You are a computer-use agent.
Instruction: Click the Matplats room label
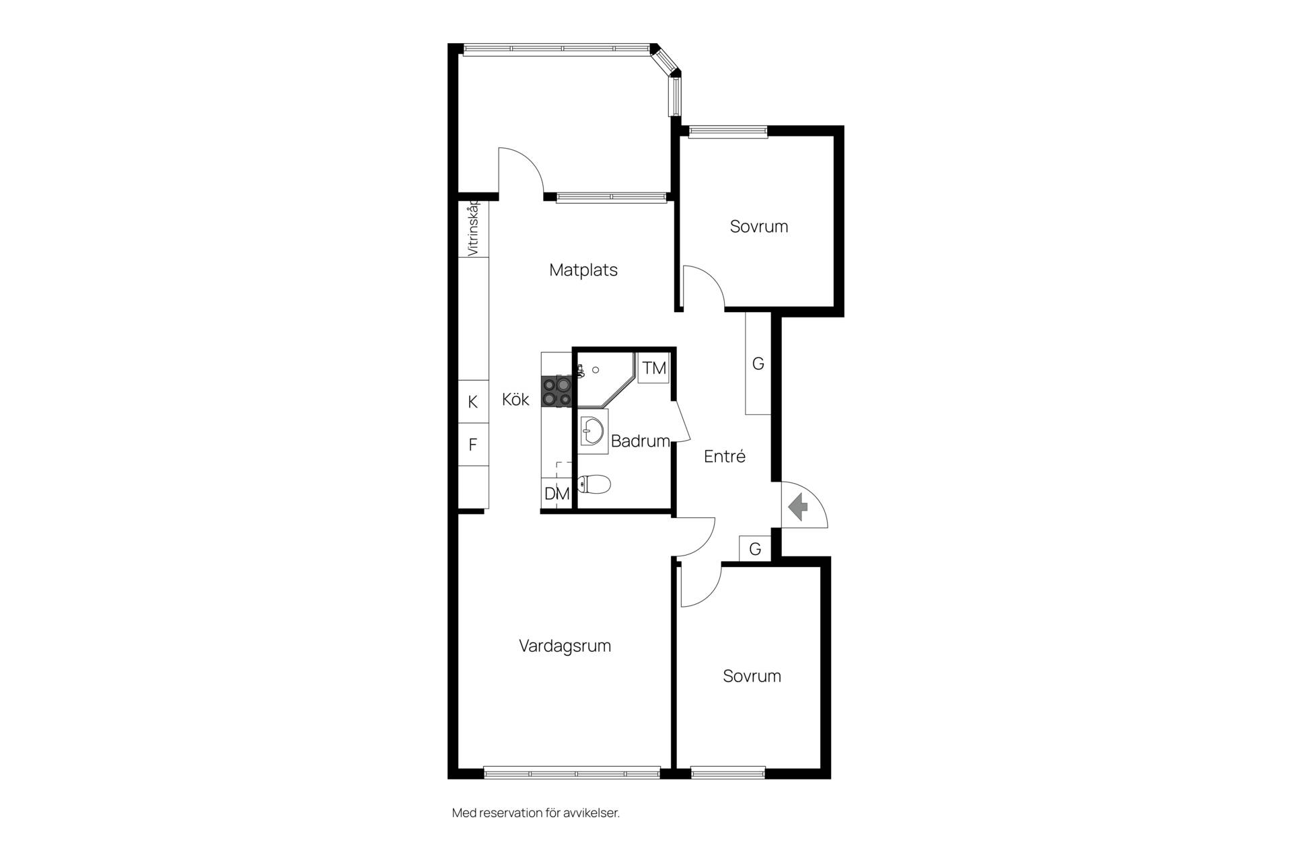(x=583, y=270)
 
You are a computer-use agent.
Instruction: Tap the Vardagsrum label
(x=565, y=646)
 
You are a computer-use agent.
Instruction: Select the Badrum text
(x=640, y=441)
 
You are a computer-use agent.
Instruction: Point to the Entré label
(x=725, y=457)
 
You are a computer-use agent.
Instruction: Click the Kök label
(x=515, y=400)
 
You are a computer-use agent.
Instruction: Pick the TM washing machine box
(x=653, y=368)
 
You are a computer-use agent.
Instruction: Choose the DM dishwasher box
(x=557, y=494)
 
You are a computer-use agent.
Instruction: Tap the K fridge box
(x=473, y=402)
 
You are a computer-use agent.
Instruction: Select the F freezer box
(x=473, y=445)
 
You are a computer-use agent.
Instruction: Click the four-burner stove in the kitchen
(x=557, y=391)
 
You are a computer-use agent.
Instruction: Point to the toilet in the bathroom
(x=594, y=484)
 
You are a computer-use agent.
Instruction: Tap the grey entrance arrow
(x=798, y=507)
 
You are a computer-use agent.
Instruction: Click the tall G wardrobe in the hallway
(x=758, y=363)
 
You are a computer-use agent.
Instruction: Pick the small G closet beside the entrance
(x=755, y=549)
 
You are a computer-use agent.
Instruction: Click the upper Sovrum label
(x=759, y=227)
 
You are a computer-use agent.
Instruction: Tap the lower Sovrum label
(x=752, y=676)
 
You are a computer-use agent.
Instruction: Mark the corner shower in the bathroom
(x=606, y=379)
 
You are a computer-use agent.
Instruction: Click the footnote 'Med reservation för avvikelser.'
(x=536, y=813)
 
